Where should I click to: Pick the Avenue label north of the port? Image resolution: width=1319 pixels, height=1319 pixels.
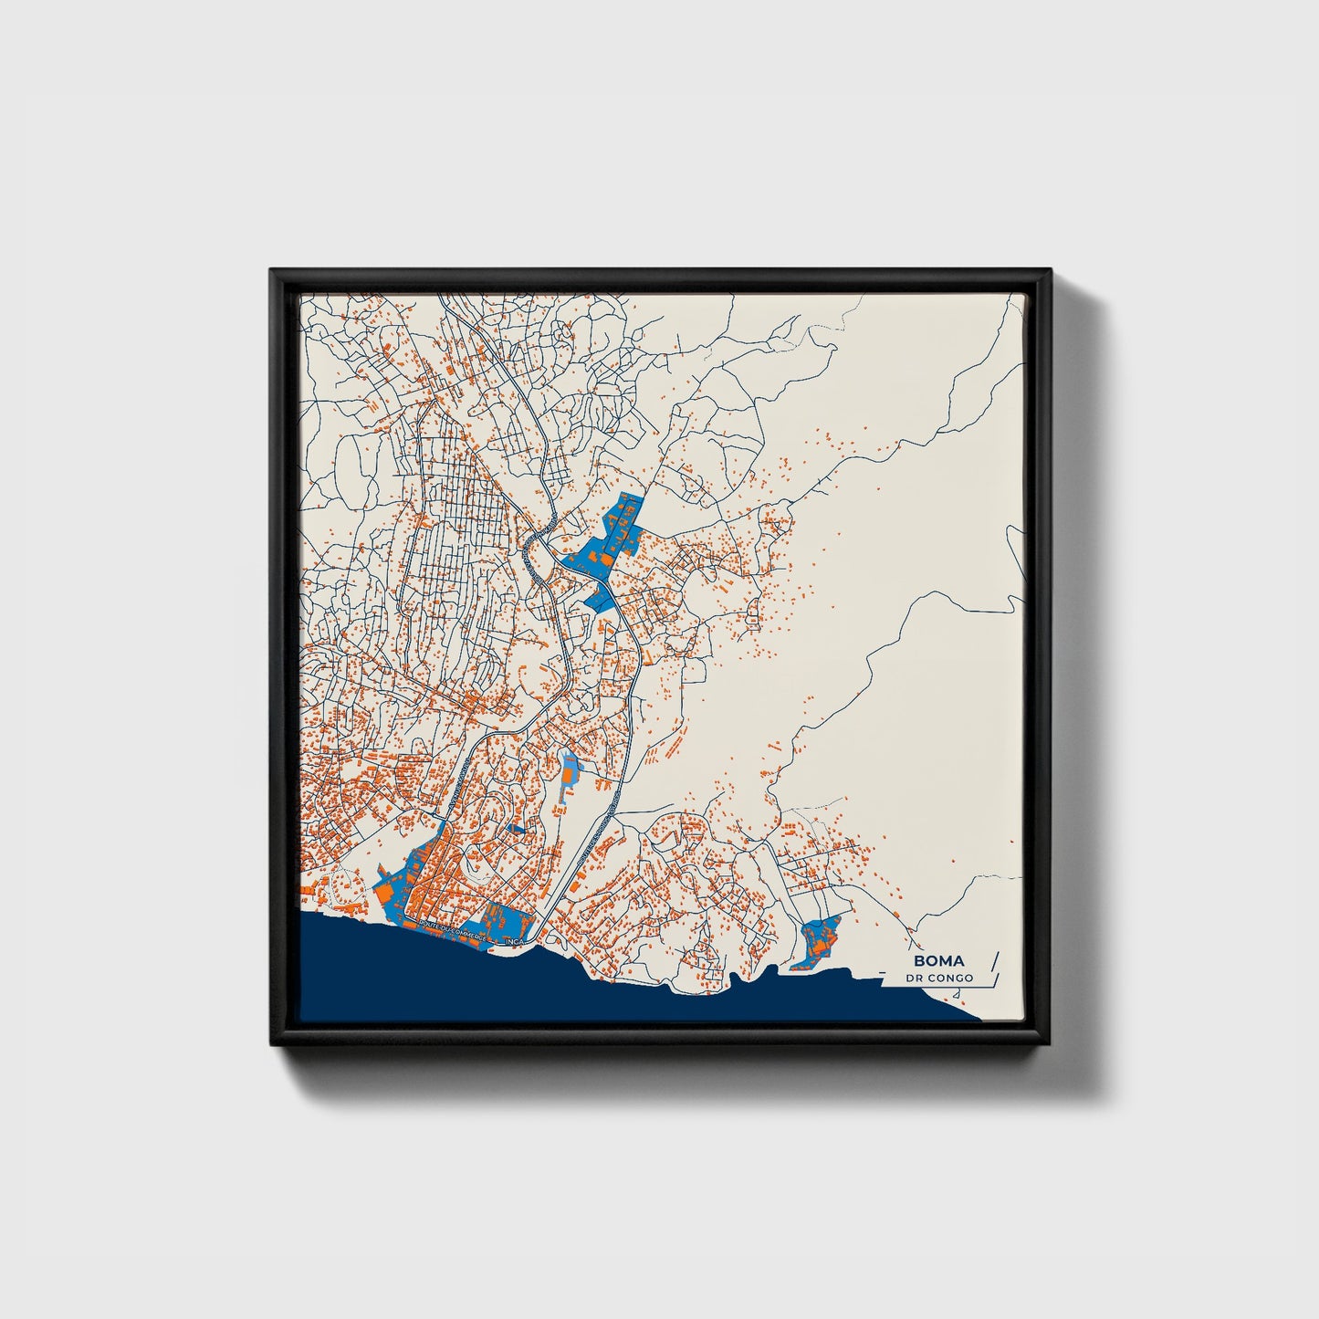(461, 785)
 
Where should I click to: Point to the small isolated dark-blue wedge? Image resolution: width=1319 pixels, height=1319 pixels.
(517, 829)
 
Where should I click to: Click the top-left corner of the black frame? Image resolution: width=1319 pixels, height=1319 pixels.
(272, 271)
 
